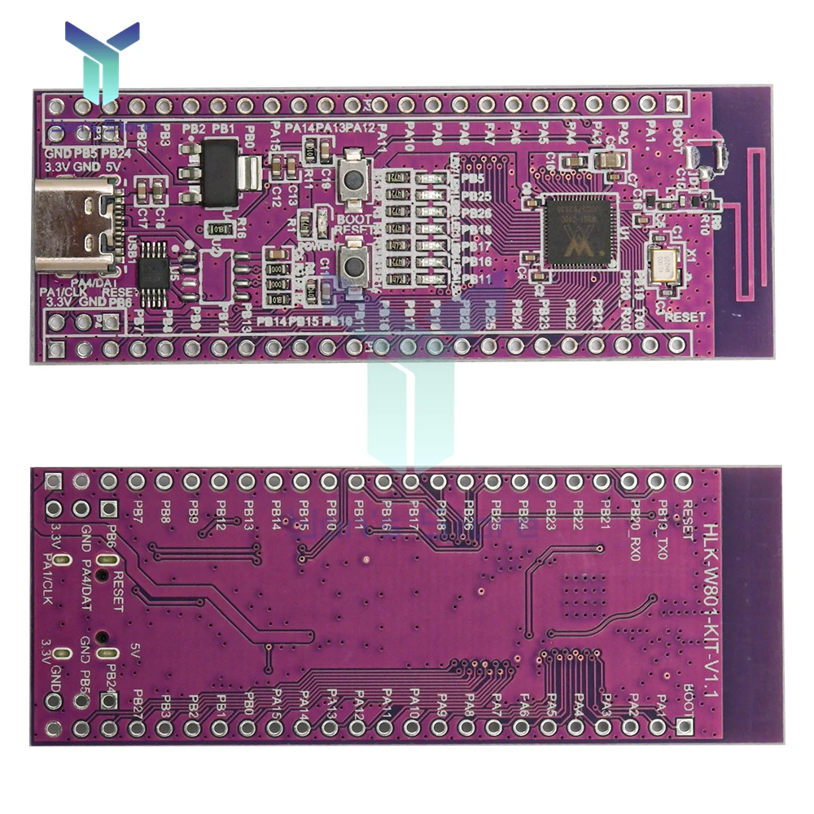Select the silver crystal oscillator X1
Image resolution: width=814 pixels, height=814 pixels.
point(665,262)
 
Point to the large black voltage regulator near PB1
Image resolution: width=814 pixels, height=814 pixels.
point(217,172)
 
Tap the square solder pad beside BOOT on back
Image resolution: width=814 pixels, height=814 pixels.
point(691,728)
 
